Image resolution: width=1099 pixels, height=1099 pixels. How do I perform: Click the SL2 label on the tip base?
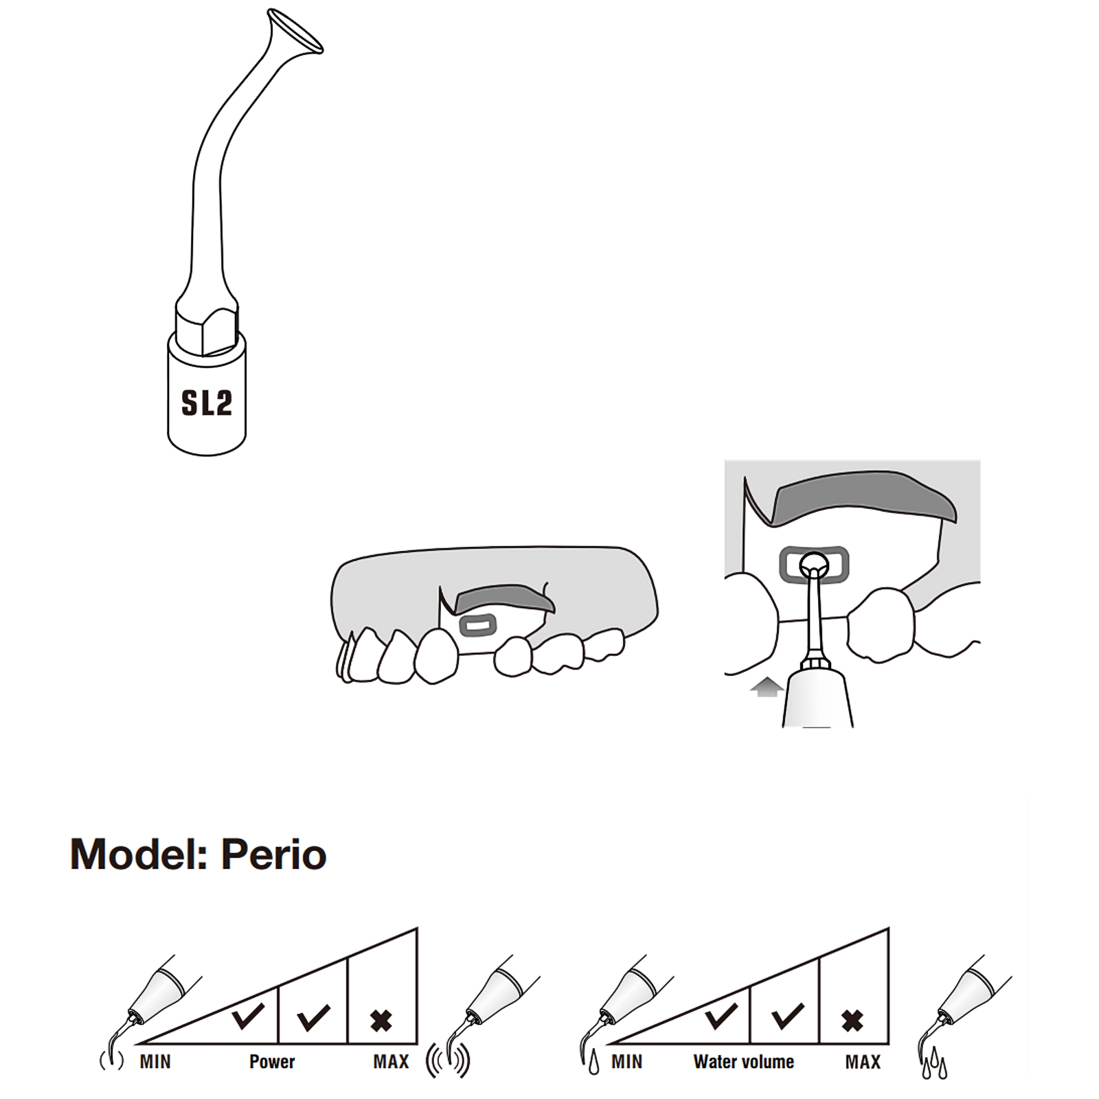pyautogui.click(x=206, y=403)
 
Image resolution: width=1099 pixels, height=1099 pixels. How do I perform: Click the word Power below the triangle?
pyautogui.click(x=272, y=1062)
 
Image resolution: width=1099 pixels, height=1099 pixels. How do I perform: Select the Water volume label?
pyautogui.click(x=744, y=1062)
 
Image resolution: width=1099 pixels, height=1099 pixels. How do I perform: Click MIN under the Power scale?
pyautogui.click(x=155, y=1062)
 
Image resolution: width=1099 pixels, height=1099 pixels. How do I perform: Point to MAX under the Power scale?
pyautogui.click(x=391, y=1062)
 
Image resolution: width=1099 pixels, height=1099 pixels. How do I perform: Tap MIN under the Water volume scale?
pyautogui.click(x=627, y=1062)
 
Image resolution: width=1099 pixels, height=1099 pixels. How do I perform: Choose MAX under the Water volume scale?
pyautogui.click(x=863, y=1062)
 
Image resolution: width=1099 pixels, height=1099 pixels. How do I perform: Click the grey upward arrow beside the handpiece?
pyautogui.click(x=767, y=688)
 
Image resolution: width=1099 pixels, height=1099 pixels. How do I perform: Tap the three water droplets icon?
pyautogui.click(x=933, y=1065)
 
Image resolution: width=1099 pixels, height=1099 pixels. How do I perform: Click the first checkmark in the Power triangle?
pyautogui.click(x=247, y=1017)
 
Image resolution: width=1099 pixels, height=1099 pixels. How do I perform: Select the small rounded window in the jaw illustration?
pyautogui.click(x=477, y=625)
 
